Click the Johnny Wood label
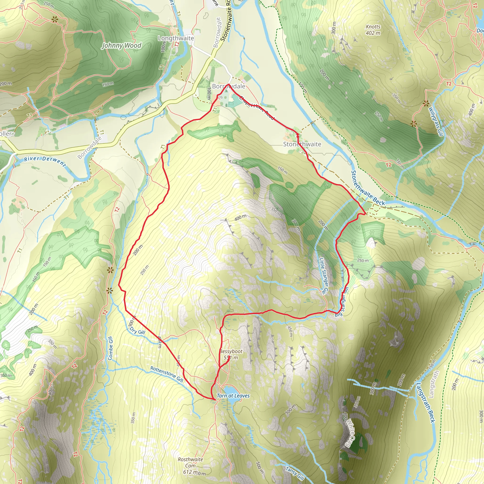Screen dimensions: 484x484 [121, 46]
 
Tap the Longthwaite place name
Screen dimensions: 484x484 [176, 38]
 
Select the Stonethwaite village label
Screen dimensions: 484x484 [302, 144]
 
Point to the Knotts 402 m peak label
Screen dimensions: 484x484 [373, 30]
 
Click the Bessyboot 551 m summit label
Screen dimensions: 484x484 [231, 354]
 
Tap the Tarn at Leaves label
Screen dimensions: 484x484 [233, 396]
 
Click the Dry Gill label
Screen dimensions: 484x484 [137, 331]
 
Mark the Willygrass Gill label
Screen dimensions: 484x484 [436, 121]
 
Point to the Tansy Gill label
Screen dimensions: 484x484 [295, 473]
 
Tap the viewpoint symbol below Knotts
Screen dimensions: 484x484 [426, 103]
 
